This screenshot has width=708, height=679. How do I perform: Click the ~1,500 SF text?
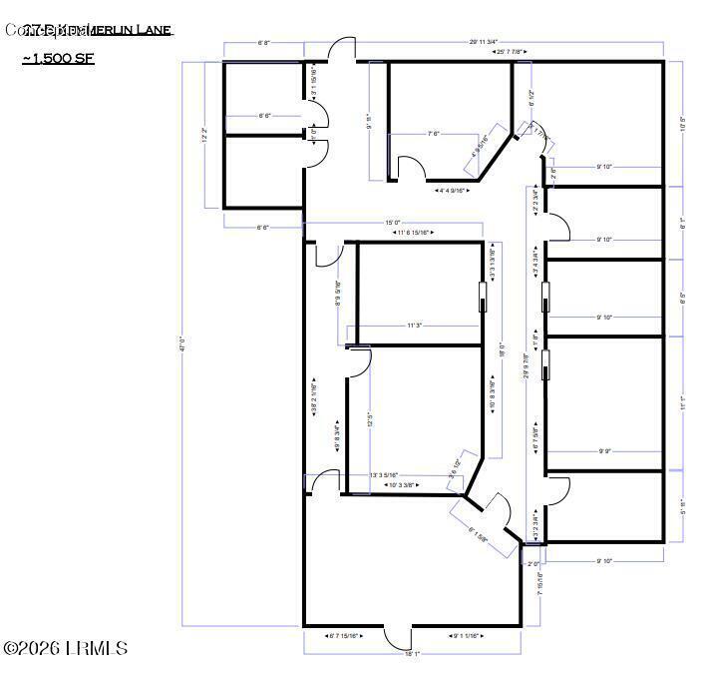[58, 60]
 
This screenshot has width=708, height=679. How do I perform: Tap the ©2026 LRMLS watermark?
[66, 649]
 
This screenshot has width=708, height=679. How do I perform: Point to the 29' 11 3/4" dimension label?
[491, 42]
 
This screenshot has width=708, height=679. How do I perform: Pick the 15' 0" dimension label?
[393, 223]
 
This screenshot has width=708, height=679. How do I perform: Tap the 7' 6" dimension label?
[435, 133]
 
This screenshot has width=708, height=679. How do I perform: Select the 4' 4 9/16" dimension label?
[455, 189]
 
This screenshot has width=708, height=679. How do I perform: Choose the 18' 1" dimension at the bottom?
[412, 654]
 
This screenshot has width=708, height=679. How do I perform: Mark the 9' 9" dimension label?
[604, 451]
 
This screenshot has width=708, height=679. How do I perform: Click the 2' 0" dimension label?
[533, 564]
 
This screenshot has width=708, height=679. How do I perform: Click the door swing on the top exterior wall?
[342, 49]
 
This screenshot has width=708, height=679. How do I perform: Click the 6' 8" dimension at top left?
[264, 43]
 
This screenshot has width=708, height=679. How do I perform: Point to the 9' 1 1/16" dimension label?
[465, 635]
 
